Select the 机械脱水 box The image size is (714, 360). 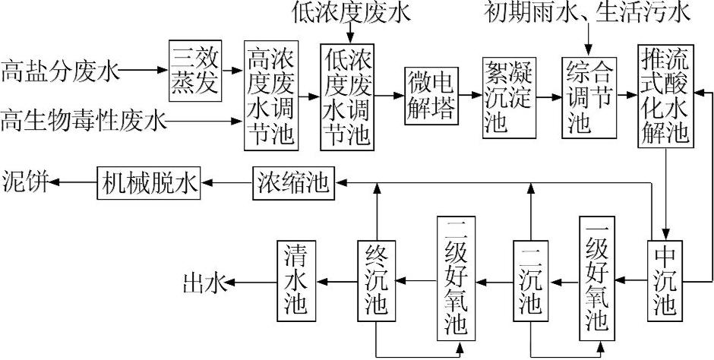coord(148,183)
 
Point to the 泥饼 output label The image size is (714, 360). coord(25,183)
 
